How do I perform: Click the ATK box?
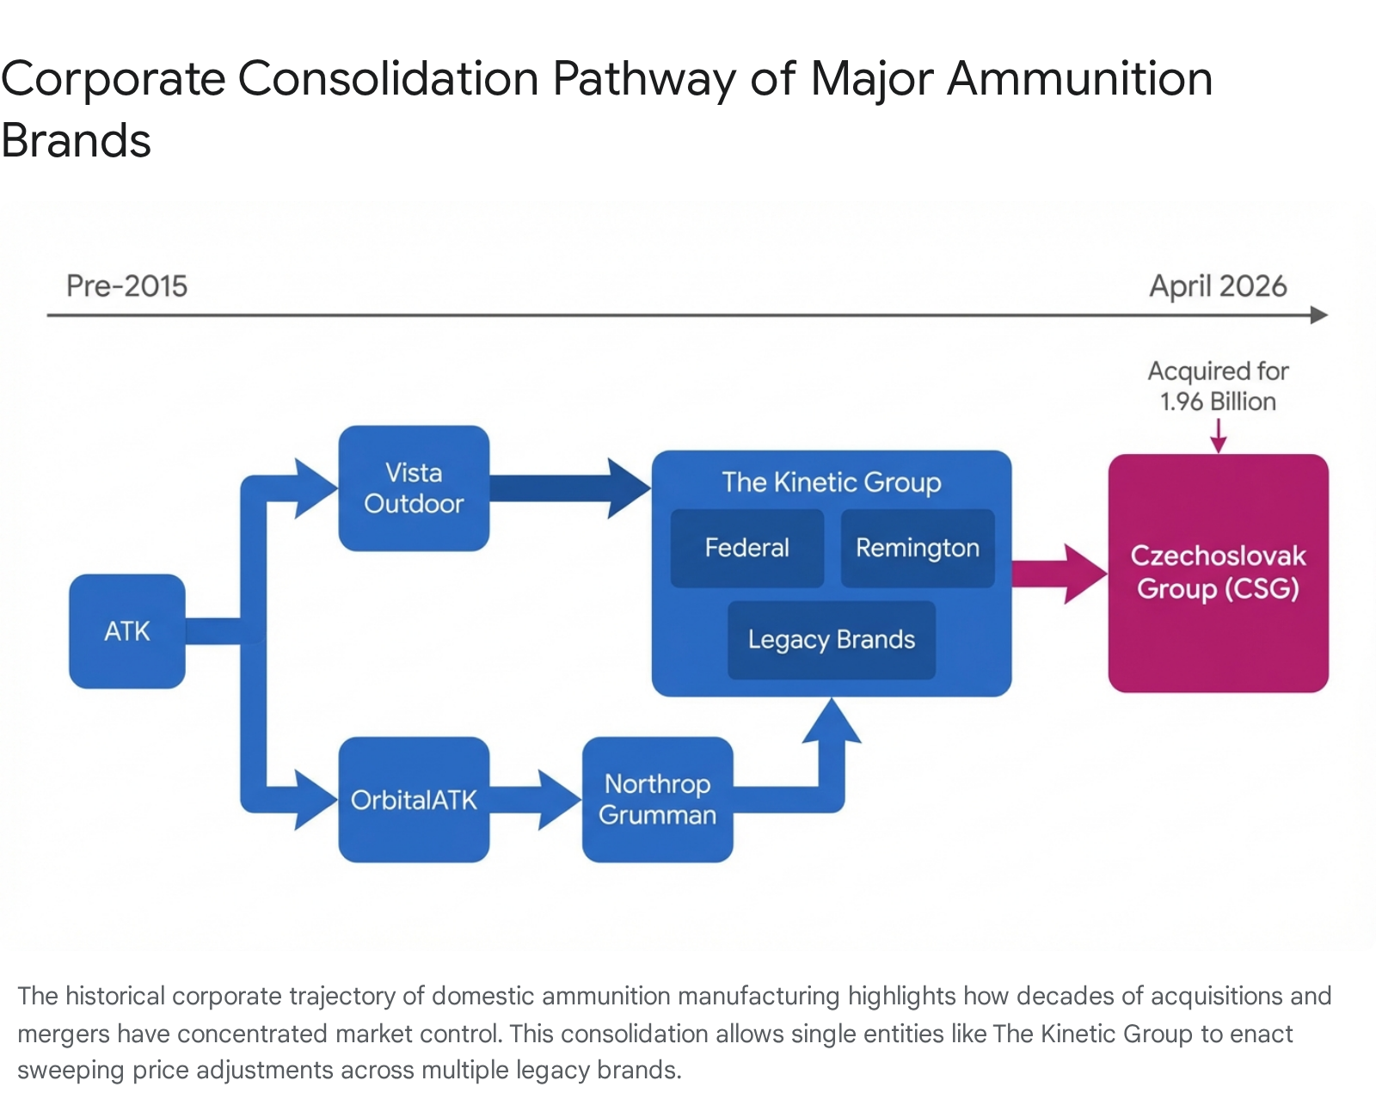127,631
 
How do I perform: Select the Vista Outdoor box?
414,488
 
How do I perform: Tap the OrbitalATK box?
414,800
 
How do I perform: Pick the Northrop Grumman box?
657,800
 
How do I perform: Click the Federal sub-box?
746,548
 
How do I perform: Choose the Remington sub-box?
917,548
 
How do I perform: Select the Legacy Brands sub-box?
831,640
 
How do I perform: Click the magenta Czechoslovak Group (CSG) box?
1218,573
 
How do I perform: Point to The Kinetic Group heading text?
831,482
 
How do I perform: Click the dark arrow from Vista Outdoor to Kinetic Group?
568,488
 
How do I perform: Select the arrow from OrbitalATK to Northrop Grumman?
533,800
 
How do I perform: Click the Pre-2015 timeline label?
126,286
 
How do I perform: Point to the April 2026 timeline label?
1218,286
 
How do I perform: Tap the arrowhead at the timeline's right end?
1318,316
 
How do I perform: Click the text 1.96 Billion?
1218,402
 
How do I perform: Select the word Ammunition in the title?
1079,79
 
